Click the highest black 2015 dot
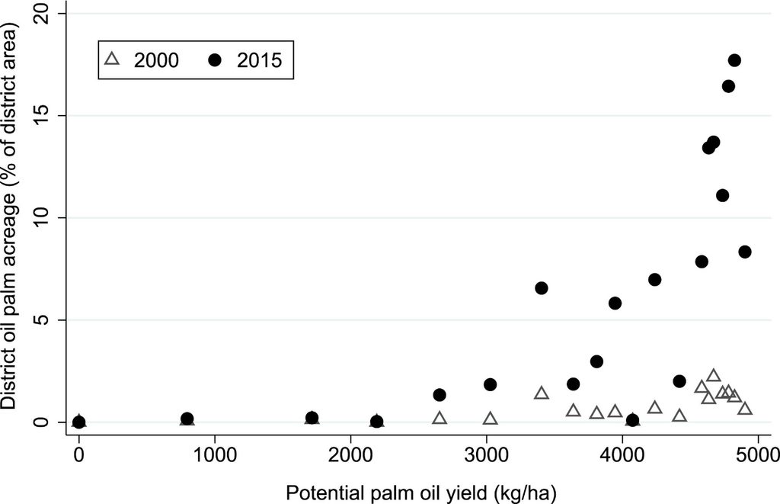(734, 60)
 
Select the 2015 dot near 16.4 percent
(728, 86)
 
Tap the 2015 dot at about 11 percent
(722, 195)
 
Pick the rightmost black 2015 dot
(745, 252)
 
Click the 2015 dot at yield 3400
(542, 288)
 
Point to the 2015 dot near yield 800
(187, 419)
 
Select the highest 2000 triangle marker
(713, 375)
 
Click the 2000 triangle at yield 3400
(542, 393)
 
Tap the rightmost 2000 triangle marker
(745, 409)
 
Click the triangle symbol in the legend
(113, 59)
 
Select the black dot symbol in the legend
(215, 59)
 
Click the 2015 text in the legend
(259, 60)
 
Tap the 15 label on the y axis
(43, 116)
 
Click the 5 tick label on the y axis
(43, 319)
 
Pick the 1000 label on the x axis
(214, 455)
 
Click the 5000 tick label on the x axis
(757, 455)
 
